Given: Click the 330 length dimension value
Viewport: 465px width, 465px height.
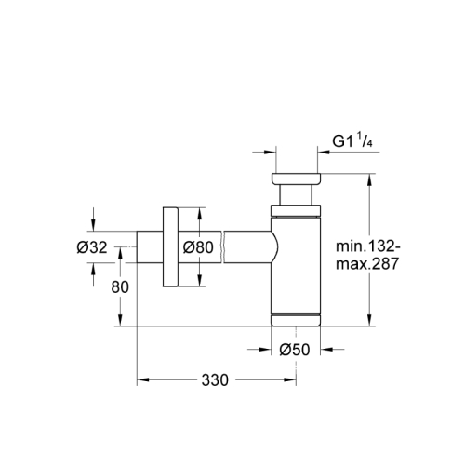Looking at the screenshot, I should pyautogui.click(x=217, y=380).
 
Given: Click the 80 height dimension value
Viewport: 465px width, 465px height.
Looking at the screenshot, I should pyautogui.click(x=119, y=286).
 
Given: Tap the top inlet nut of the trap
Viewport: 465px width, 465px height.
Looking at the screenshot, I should pyautogui.click(x=295, y=179).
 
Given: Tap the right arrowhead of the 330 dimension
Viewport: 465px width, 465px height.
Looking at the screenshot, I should pyautogui.click(x=290, y=380).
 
